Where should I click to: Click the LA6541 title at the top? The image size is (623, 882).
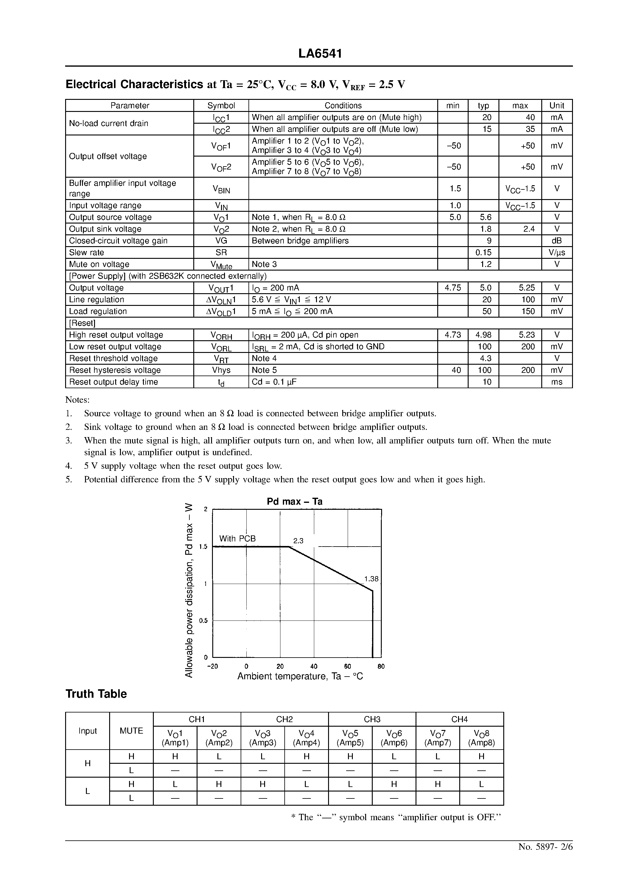pyautogui.click(x=320, y=54)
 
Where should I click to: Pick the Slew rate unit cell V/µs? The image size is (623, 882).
pyautogui.click(x=557, y=252)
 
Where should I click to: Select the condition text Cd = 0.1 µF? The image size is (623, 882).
pyautogui.click(x=274, y=382)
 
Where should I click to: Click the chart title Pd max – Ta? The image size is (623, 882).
pyautogui.click(x=295, y=501)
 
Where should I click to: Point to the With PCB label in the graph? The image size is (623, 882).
pyautogui.click(x=237, y=538)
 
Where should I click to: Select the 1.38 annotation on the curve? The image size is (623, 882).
pyautogui.click(x=371, y=579)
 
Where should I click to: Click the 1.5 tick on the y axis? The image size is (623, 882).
pyautogui.click(x=203, y=547)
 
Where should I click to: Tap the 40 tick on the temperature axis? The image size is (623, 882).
pyautogui.click(x=314, y=667)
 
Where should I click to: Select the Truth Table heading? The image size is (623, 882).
pyautogui.click(x=96, y=694)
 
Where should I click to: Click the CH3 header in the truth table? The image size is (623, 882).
pyautogui.click(x=372, y=719)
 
